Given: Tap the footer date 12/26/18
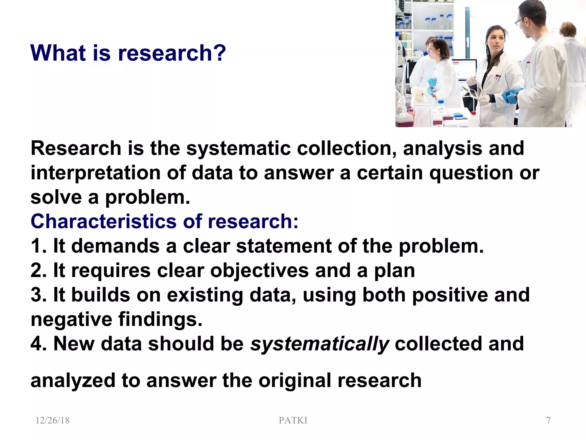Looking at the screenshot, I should tap(52, 420).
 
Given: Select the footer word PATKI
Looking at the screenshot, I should tap(293, 420).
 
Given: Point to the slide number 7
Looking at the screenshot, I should tap(548, 420).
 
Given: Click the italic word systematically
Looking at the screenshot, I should tap(319, 344).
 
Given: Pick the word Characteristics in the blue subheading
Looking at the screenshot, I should tap(104, 221).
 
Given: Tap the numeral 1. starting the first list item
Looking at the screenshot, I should tap(39, 246).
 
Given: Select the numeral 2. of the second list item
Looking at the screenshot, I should tap(39, 270).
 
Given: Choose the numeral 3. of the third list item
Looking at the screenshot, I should tap(39, 295).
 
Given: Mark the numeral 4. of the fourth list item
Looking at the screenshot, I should tap(39, 344).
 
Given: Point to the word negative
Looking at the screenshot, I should tap(72, 320).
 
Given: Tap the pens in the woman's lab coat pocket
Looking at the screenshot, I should tap(498, 77).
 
